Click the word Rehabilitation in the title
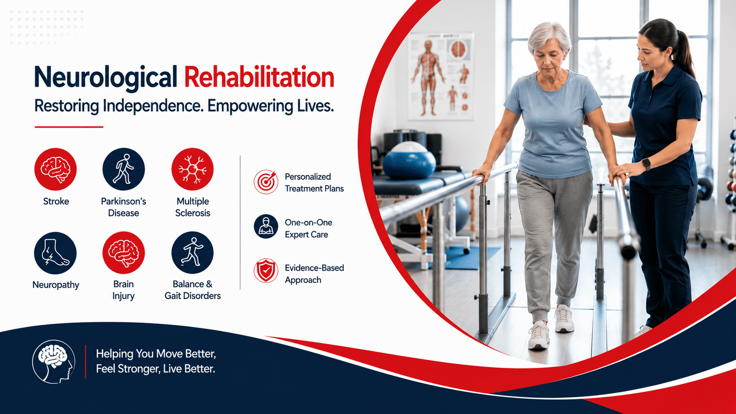pos(259,77)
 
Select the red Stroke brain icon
pos(55,169)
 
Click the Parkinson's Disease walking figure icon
pos(124,169)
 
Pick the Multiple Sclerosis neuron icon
pos(192,169)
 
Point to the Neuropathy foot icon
pos(55,253)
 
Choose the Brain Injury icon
pos(124,253)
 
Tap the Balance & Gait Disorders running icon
pos(192,253)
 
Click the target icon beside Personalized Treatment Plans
pos(266,182)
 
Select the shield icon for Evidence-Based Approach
pos(266,271)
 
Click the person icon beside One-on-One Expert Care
pos(266,227)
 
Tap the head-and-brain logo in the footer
pos(54,362)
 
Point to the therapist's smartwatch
pos(646,164)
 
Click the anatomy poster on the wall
pos(441,76)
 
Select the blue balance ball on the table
pos(409,161)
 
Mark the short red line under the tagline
pos(69,127)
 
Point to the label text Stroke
pos(56,201)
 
